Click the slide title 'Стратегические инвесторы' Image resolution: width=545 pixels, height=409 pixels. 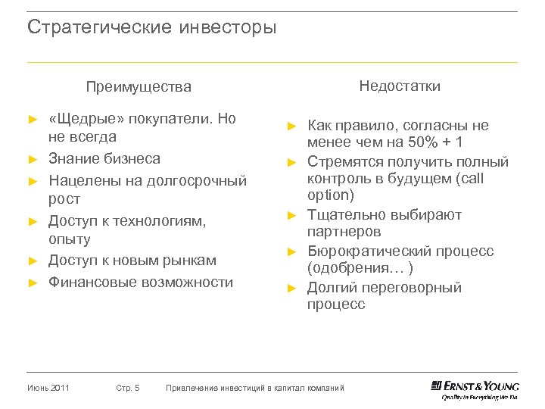[152, 29]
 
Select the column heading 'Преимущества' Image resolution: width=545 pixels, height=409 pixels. [139, 87]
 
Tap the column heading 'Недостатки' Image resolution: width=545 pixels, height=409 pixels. [400, 86]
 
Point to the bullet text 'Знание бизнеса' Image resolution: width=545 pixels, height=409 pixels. [104, 158]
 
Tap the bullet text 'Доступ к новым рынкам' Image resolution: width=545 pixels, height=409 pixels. [132, 261]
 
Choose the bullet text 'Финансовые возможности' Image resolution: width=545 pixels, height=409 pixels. [141, 283]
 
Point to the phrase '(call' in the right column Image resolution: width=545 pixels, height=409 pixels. [467, 179]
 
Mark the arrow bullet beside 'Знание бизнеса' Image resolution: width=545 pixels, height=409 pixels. [32, 159]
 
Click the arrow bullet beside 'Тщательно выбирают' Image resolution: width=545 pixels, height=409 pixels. [290, 216]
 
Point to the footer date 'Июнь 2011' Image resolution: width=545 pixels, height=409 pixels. [48, 389]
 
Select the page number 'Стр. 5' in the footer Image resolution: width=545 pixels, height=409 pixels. [128, 389]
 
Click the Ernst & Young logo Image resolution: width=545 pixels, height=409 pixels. [475, 389]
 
